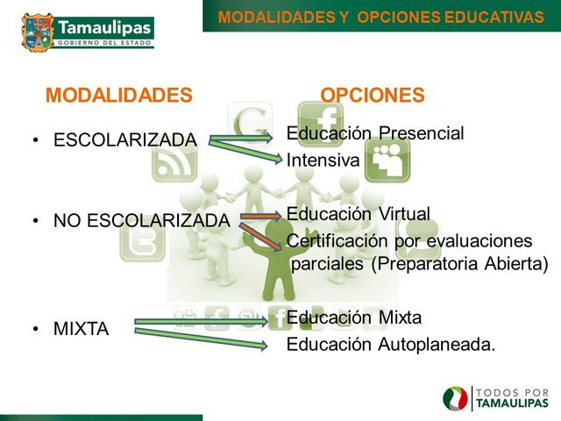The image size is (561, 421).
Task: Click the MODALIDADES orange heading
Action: (x=118, y=96)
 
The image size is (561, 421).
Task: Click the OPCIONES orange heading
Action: (x=373, y=96)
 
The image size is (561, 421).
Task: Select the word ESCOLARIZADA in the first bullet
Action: (x=125, y=140)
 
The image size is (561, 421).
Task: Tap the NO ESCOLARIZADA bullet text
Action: (x=141, y=221)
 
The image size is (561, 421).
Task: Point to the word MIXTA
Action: (x=82, y=330)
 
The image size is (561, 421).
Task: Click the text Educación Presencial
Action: (x=375, y=133)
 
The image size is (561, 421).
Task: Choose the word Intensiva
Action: (x=323, y=161)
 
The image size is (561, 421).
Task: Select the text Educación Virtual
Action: (x=359, y=214)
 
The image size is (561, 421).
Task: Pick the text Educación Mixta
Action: (x=354, y=318)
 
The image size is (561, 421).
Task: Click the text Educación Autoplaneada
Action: (x=391, y=345)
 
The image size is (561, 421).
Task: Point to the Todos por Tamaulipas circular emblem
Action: (x=456, y=399)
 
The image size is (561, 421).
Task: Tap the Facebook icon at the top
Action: (x=321, y=118)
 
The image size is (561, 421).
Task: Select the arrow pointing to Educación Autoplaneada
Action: (x=202, y=338)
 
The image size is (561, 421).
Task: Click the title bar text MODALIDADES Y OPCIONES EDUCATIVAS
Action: (x=380, y=17)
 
